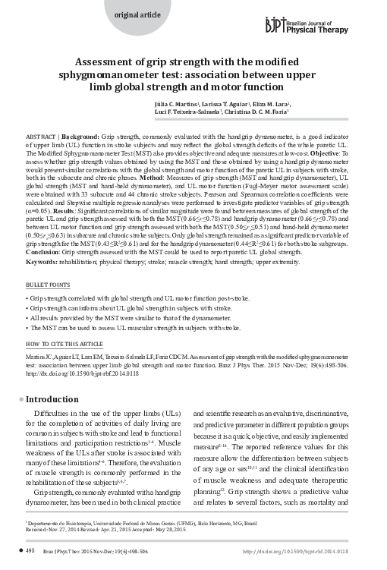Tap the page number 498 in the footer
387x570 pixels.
(30, 550)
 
